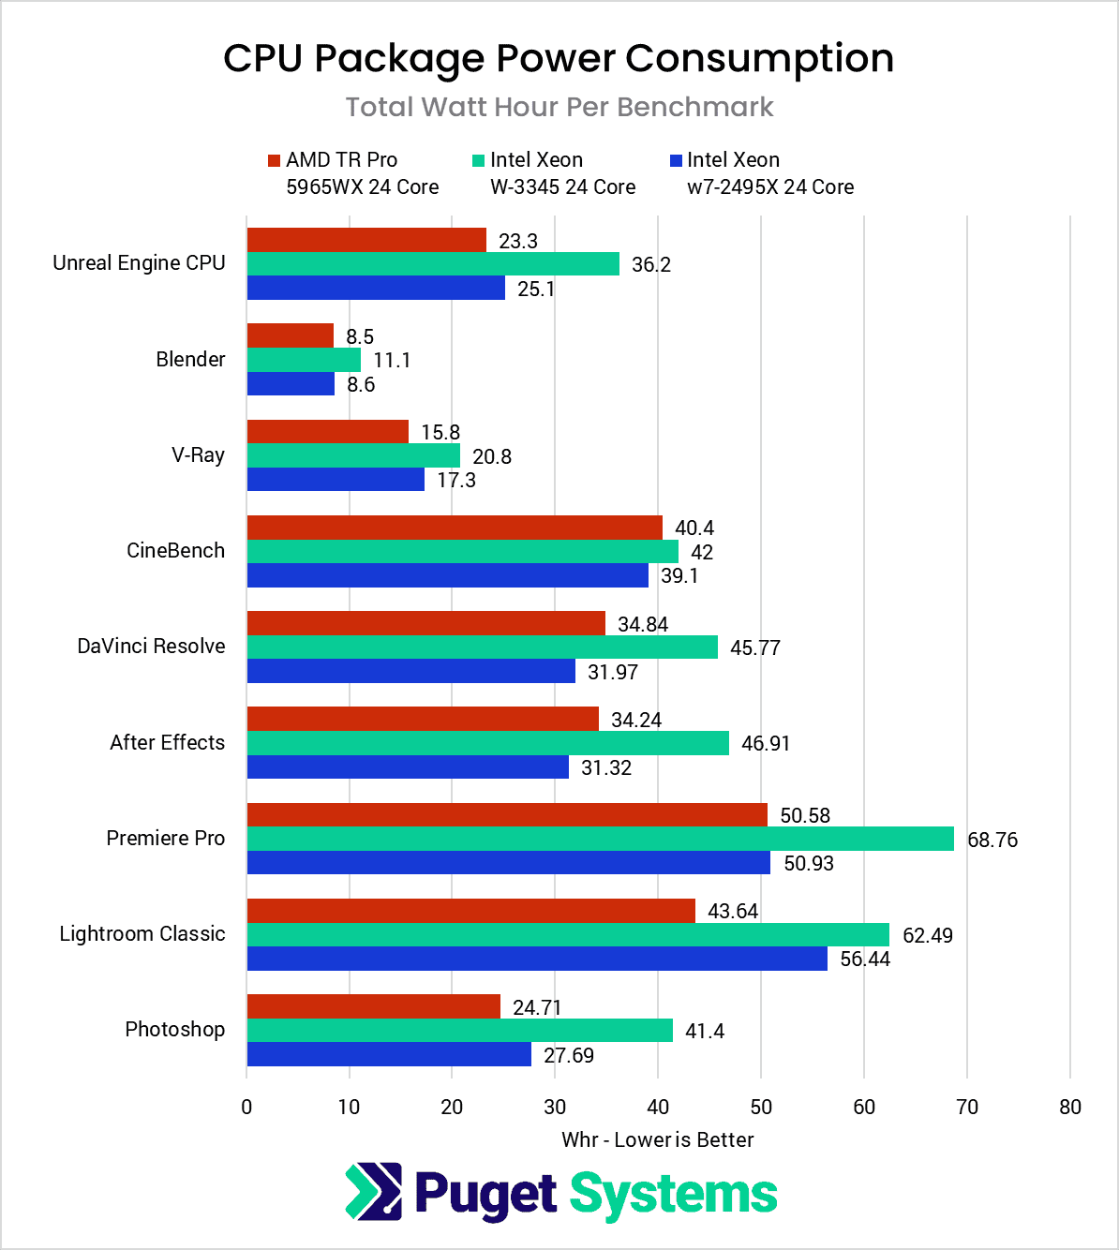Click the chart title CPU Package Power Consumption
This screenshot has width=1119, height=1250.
559,58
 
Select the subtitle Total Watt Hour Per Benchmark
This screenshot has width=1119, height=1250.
559,107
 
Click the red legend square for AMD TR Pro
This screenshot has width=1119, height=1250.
274,160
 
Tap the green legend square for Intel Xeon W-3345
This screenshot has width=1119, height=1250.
478,160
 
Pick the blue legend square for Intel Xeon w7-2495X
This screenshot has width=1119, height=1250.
676,160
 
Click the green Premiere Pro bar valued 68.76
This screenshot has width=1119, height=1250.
600,839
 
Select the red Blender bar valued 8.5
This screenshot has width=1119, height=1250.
291,335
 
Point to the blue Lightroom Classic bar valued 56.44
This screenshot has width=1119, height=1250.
537,959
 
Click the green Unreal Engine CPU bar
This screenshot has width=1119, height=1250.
433,264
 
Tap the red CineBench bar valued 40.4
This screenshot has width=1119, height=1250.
455,528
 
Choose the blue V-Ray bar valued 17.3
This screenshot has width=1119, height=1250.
336,480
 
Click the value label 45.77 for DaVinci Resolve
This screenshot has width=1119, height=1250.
755,647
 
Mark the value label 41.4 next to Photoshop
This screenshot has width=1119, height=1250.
705,1031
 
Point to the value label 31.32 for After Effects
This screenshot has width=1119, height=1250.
606,767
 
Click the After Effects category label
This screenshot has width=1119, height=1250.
168,742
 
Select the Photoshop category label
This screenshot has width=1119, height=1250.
175,1029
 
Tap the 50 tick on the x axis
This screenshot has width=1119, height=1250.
761,1107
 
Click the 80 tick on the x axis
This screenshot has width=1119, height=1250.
1069,1107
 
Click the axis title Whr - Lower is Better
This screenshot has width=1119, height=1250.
657,1139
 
